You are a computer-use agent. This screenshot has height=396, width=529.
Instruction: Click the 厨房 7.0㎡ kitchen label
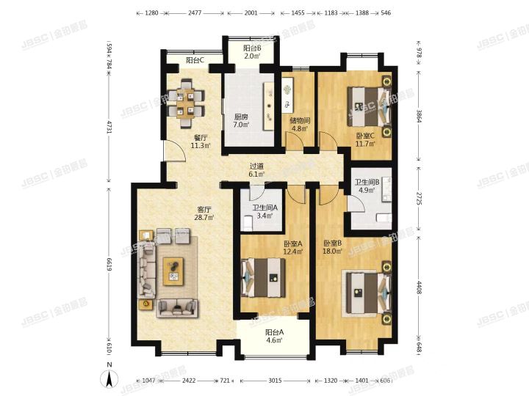pyautogui.click(x=241, y=120)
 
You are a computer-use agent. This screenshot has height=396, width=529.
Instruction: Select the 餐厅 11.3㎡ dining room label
pyautogui.click(x=201, y=141)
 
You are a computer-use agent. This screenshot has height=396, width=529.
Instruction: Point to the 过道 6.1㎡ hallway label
pyautogui.click(x=256, y=170)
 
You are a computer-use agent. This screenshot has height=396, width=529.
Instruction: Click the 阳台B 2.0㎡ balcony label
pyautogui.click(x=252, y=52)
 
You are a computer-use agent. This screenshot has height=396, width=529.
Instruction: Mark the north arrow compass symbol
pyautogui.click(x=109, y=378)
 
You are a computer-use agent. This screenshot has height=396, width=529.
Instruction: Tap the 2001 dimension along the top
pyautogui.click(x=251, y=13)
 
